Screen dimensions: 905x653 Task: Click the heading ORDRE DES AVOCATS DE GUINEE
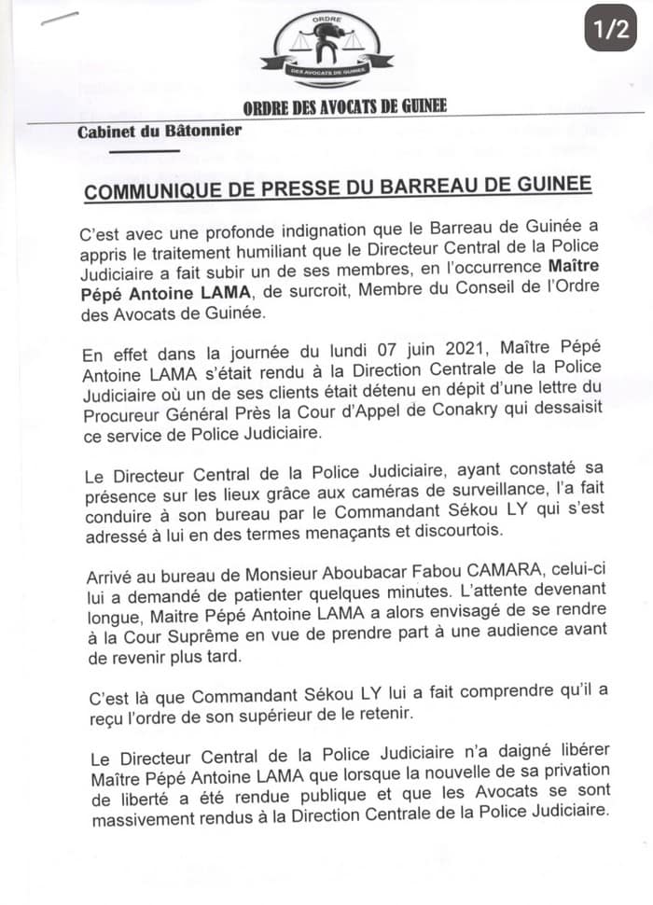344,106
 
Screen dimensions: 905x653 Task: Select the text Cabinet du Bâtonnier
160,131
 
